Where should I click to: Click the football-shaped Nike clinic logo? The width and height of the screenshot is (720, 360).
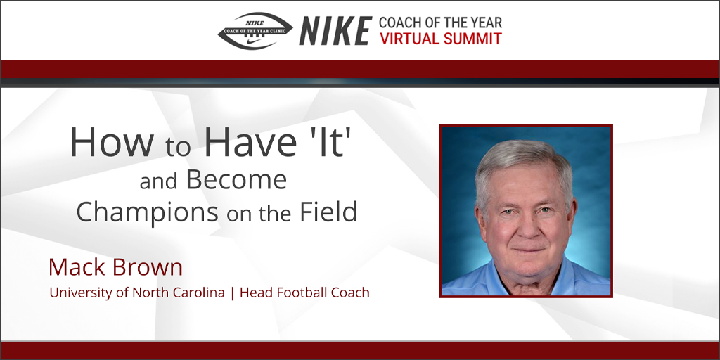point(255,31)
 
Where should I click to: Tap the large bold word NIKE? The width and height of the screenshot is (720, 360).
point(335,31)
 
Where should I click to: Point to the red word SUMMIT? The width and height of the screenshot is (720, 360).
point(473,39)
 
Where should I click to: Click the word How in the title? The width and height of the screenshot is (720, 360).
point(111,142)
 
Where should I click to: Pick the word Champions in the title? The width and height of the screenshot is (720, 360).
point(147,212)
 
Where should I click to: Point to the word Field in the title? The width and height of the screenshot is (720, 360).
point(329,212)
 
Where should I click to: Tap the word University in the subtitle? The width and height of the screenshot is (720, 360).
point(78,292)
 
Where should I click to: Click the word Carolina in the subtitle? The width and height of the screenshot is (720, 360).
point(200,292)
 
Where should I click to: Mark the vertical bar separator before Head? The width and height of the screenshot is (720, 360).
point(232,293)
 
